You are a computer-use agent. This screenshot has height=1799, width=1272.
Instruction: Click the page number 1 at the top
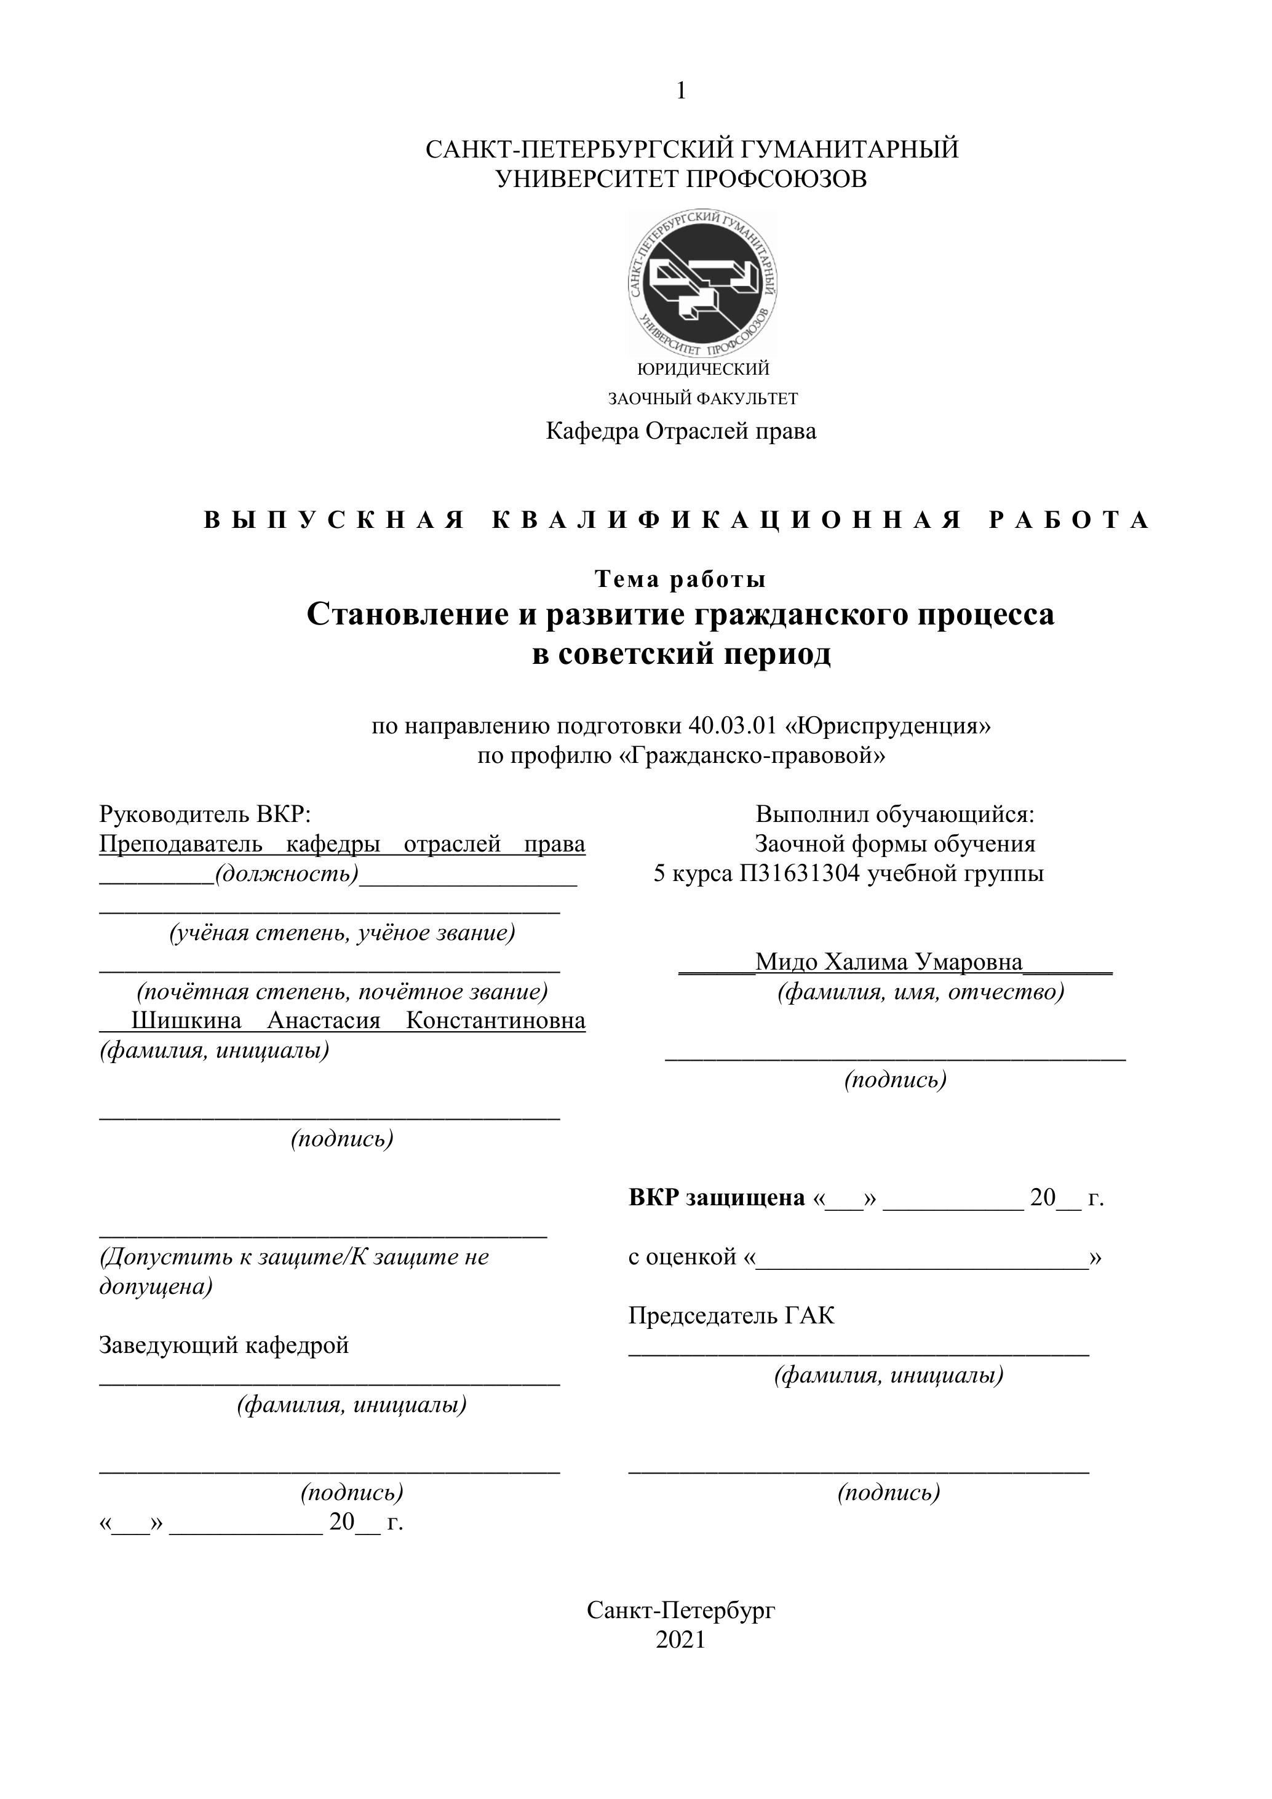pyautogui.click(x=681, y=92)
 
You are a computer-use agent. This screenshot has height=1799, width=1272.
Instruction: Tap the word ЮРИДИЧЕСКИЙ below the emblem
pyautogui.click(x=704, y=369)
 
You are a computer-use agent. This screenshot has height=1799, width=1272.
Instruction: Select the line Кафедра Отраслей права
pyautogui.click(x=681, y=431)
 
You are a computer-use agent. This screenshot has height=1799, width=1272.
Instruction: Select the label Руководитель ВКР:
pyautogui.click(x=205, y=814)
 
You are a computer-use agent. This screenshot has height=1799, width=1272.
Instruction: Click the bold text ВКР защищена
pyautogui.click(x=717, y=1197)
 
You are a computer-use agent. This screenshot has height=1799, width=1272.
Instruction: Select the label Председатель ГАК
pyautogui.click(x=731, y=1315)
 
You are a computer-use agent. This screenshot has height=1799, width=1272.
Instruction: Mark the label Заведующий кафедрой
pyautogui.click(x=224, y=1346)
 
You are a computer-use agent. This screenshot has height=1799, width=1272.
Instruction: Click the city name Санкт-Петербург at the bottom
pyautogui.click(x=681, y=1610)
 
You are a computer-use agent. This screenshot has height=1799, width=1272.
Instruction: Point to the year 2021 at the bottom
pyautogui.click(x=681, y=1640)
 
